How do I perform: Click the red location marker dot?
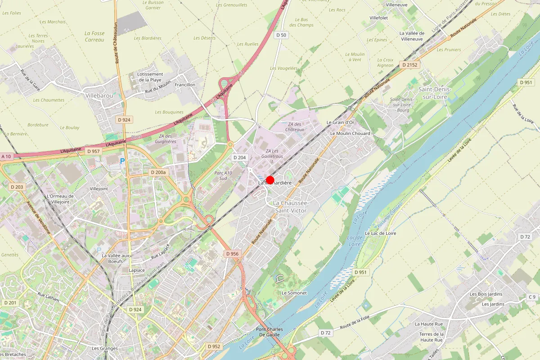point(270,180)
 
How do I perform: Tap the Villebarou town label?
point(99,95)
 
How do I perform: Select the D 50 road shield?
point(281,35)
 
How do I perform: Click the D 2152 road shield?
point(410,65)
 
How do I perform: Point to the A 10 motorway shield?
point(6,156)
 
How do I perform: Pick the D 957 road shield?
point(93,151)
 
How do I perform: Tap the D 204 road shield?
point(239,157)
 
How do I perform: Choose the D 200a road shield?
point(158,172)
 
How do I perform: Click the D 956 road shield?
point(232,254)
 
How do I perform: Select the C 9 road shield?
point(532,297)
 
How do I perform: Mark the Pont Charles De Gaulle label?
point(270,332)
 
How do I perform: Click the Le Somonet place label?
point(294,293)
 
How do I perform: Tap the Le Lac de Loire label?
point(381,234)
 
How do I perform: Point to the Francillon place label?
point(185,85)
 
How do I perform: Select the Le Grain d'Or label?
point(340,122)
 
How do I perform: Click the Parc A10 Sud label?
point(223,176)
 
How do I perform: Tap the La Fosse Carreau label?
point(94,36)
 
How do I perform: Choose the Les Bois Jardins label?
point(486,294)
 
